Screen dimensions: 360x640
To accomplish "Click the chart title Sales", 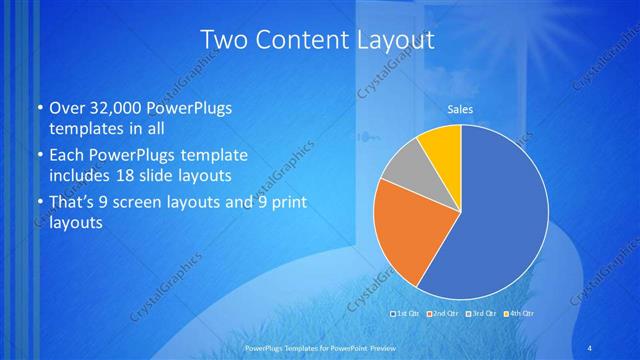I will pyautogui.click(x=460, y=109).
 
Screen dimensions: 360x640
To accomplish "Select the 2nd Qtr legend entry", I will pyautogui.click(x=444, y=314).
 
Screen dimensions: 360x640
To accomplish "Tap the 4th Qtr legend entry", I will pyautogui.click(x=519, y=314).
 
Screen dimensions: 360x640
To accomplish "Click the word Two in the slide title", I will pyautogui.click(x=224, y=41).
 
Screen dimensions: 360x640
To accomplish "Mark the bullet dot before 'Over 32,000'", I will pyautogui.click(x=38, y=109).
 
